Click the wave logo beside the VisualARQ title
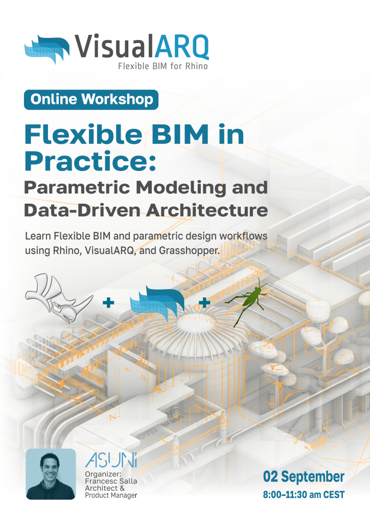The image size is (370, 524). click(x=47, y=49)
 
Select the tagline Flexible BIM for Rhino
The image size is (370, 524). click(x=163, y=66)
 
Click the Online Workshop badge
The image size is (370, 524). click(x=91, y=100)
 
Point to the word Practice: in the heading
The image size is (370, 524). click(x=90, y=161)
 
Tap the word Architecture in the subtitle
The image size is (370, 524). click(x=207, y=210)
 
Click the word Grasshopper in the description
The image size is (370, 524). click(x=189, y=251)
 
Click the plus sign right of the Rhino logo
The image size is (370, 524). click(x=108, y=303)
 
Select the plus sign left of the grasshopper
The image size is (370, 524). click(x=204, y=303)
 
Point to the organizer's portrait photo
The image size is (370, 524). click(x=51, y=474)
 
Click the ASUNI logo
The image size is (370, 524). click(x=111, y=460)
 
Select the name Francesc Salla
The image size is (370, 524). click(x=111, y=481)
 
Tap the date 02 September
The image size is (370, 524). click(x=304, y=476)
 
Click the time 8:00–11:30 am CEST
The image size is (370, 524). click(x=304, y=495)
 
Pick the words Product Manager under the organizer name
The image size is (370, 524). click(x=111, y=495)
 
